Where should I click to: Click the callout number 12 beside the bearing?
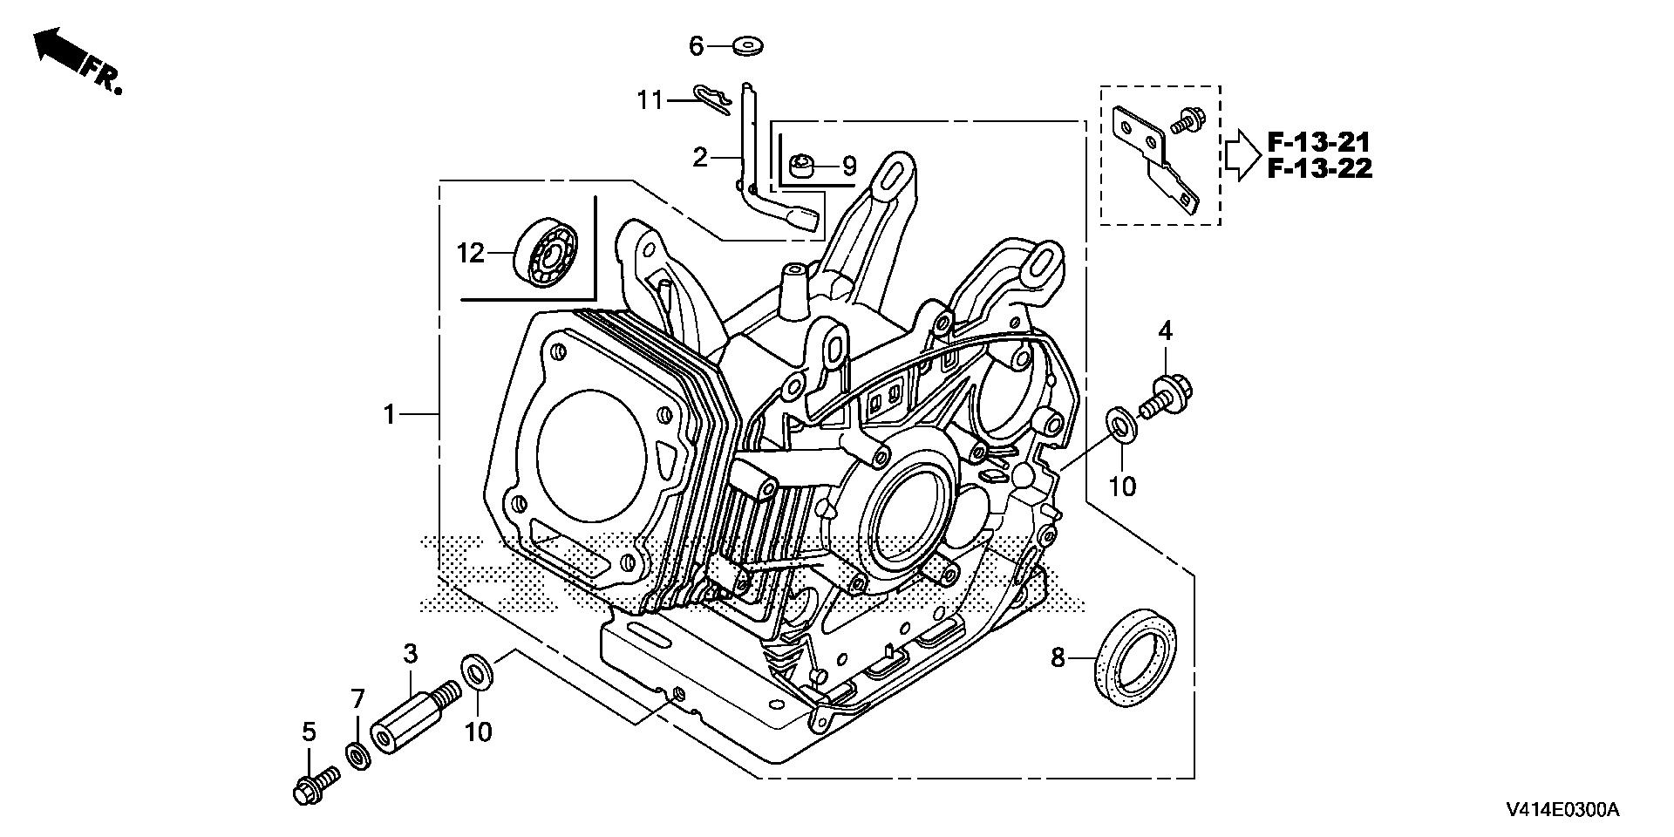[470, 254]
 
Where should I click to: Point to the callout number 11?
[650, 100]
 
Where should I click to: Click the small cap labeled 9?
[802, 164]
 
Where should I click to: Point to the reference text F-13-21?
[1319, 141]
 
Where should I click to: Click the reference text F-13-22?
[1319, 168]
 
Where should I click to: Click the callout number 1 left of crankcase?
[390, 414]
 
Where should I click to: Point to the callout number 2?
[700, 158]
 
